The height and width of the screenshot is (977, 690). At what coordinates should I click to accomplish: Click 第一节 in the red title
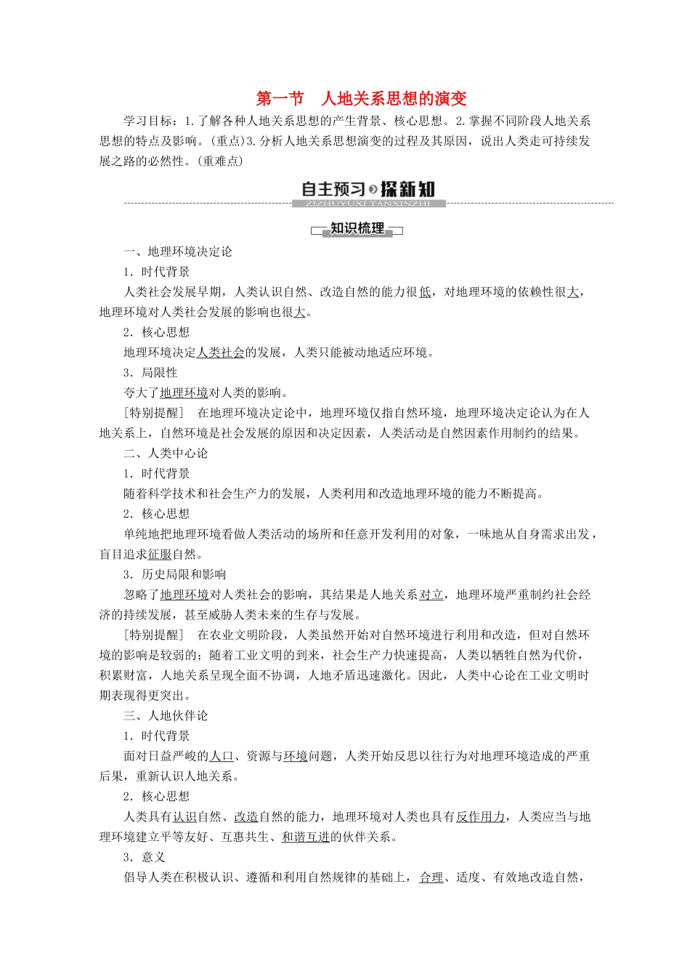[x=280, y=99]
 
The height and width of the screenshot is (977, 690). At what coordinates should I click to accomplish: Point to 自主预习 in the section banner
[x=333, y=189]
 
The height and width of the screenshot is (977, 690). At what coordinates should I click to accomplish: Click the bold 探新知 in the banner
[x=407, y=189]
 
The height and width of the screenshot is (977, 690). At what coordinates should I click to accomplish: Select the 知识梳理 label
[x=357, y=229]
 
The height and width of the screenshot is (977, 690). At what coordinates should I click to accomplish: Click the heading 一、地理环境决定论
[x=178, y=252]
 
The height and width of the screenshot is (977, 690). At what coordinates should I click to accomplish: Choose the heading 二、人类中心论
[x=166, y=453]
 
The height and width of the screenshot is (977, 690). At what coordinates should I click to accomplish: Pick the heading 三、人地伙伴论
[x=166, y=715]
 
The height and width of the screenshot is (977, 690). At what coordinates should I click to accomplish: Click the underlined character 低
[x=425, y=292]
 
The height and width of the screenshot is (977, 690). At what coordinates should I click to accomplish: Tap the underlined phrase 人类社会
[x=221, y=353]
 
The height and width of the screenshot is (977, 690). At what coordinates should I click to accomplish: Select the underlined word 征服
[x=160, y=554]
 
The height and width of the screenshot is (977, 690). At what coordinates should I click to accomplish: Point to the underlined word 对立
[x=431, y=595]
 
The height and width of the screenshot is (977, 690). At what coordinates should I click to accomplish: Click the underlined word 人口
[x=221, y=756]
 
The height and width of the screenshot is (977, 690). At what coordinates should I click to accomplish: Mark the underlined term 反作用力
[x=480, y=816]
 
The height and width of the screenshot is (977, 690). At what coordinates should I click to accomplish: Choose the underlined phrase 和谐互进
[x=305, y=837]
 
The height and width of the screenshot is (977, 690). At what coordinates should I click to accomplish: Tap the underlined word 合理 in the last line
[x=431, y=877]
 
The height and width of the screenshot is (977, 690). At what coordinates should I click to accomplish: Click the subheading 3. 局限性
[x=150, y=372]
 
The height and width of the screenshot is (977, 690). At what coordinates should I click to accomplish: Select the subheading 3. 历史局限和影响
[x=174, y=574]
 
